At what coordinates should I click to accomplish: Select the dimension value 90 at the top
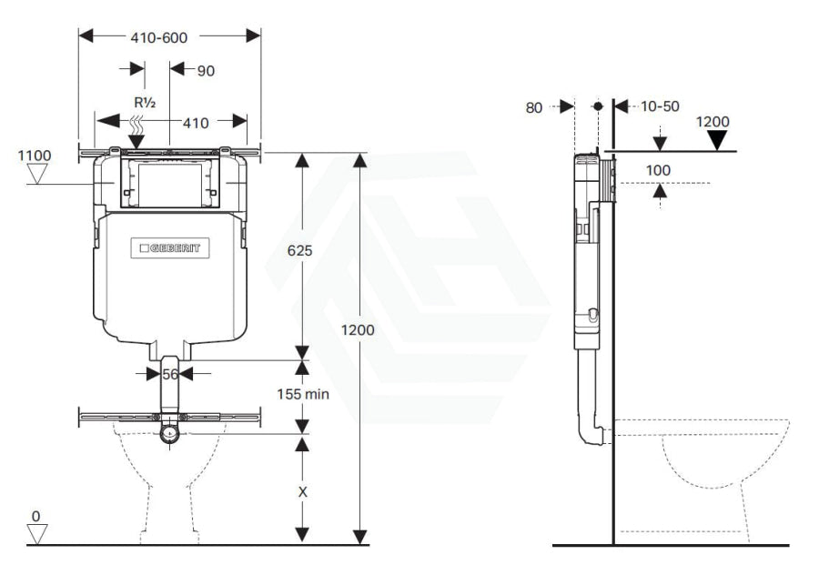pos(205,70)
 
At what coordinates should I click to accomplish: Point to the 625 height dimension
pos(300,251)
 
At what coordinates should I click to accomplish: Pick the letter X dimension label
pos(303,491)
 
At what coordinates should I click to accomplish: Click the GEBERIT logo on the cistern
pos(170,247)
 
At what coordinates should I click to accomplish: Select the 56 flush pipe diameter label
pos(169,373)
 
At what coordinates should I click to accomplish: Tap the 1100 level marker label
pos(34,156)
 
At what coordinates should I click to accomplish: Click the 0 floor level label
pos(35,517)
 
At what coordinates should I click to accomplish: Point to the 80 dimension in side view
pos(534,106)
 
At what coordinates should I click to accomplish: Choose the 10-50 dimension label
pos(660,106)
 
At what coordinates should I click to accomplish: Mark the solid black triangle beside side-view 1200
pos(720,140)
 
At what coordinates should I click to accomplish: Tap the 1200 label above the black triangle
pos(713,121)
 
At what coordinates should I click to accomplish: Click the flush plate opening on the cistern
pos(170,183)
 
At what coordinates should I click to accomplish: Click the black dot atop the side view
pos(597,106)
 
